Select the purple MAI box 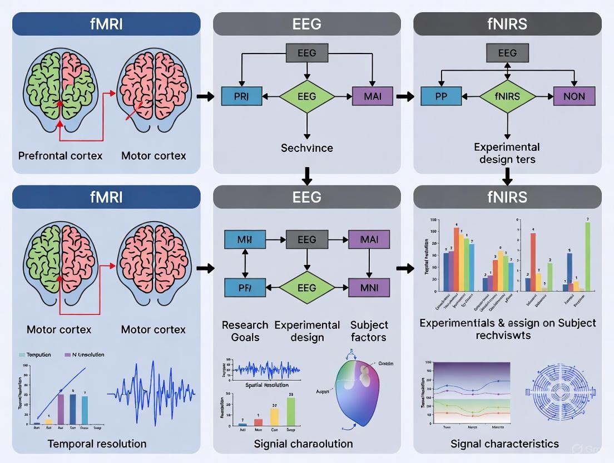tap(372, 96)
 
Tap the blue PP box tap(441, 96)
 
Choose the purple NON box tap(574, 96)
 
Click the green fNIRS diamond tap(507, 96)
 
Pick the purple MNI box tap(369, 288)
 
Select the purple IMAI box tap(369, 240)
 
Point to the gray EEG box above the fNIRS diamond tap(507, 53)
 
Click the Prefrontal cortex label tap(60, 156)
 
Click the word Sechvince tap(306, 148)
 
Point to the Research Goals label tap(245, 331)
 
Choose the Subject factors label tap(368, 331)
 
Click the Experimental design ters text tap(507, 154)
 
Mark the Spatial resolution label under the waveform tap(266, 385)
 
